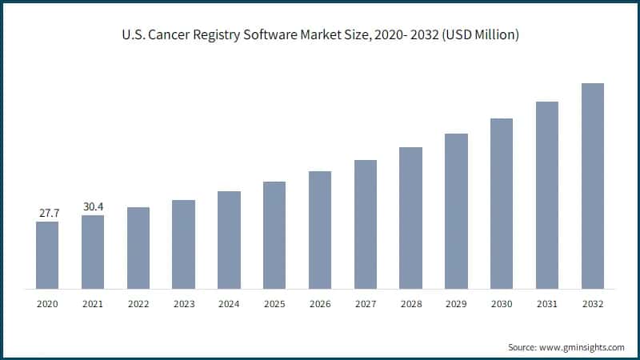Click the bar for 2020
pos(47,254)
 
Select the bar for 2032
pos(592,186)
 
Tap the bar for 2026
pos(320,230)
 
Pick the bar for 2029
pos(456,210)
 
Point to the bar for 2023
pos(183,244)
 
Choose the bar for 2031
pos(546,194)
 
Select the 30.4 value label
pos(93,207)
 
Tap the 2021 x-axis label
pos(93,304)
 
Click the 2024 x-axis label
pos(229,304)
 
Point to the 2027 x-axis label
pos(365,304)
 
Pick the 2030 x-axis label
pos(502,304)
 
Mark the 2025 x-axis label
pos(274,304)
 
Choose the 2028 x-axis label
pos(410,304)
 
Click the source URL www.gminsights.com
pos(581,347)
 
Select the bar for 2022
pos(138,247)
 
